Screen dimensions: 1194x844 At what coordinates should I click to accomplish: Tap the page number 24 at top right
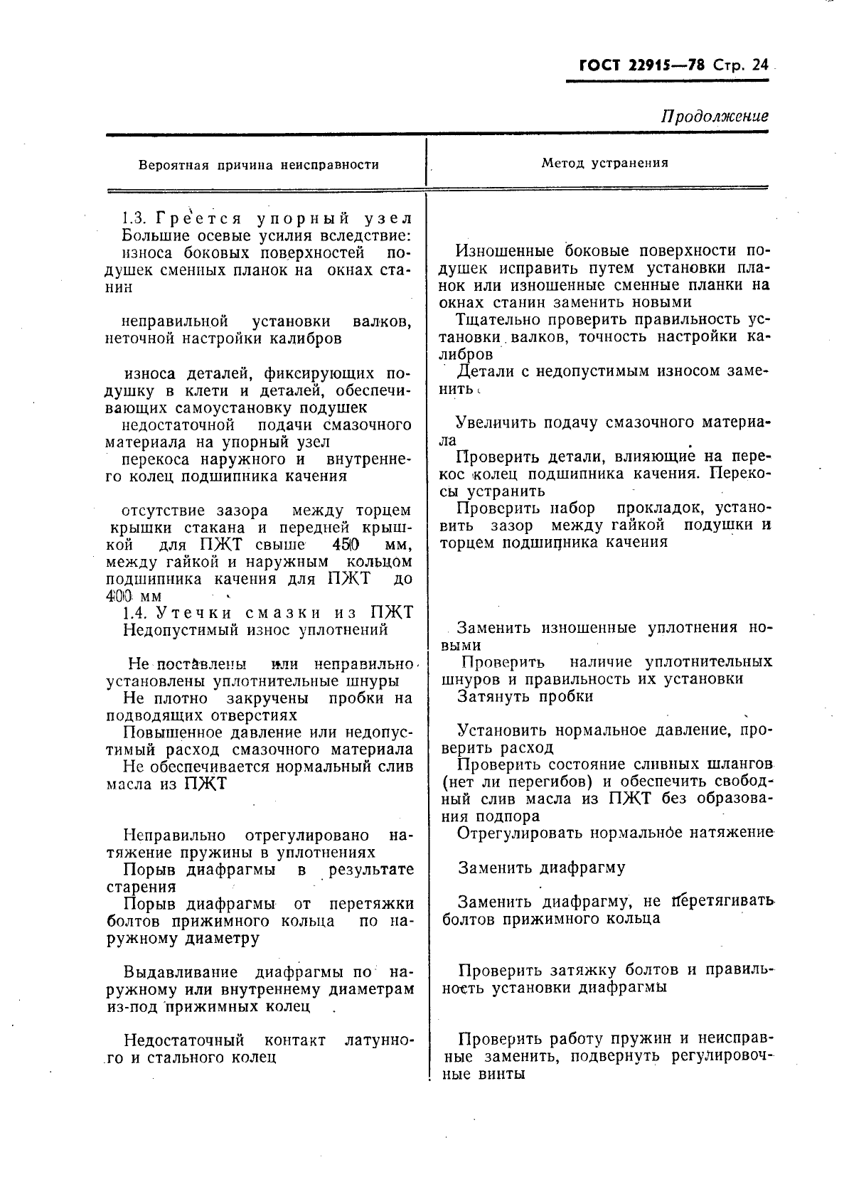tap(759, 65)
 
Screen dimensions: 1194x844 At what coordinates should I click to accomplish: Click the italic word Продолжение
tap(715, 116)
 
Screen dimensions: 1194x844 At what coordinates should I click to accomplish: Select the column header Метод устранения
tap(604, 163)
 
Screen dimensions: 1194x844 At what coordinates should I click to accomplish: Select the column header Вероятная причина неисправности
tap(259, 165)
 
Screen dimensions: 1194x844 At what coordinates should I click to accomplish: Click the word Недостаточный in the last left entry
tap(183, 1040)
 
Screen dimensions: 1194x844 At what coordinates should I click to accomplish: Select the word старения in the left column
tap(141, 887)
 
